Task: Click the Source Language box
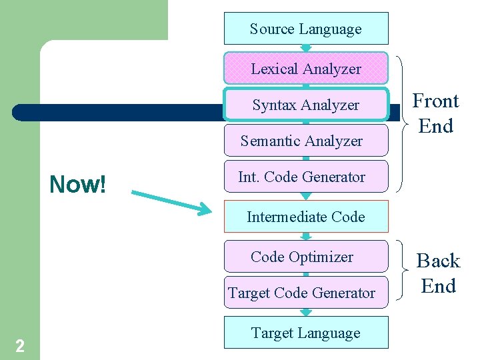tap(306, 29)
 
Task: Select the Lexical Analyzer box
tap(306, 69)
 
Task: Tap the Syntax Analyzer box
tap(306, 105)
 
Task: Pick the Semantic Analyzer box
tap(306, 141)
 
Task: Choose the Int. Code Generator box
tap(306, 177)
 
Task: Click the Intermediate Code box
tap(306, 217)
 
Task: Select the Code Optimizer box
tap(306, 257)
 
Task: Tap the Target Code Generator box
tap(306, 293)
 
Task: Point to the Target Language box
tap(306, 333)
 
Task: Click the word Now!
tap(78, 185)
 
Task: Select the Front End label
tap(436, 113)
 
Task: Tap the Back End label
tap(438, 273)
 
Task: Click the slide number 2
tap(20, 345)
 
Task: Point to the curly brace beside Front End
tap(402, 123)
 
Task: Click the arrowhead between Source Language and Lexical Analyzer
tap(306, 48)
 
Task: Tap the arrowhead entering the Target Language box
tap(306, 312)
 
